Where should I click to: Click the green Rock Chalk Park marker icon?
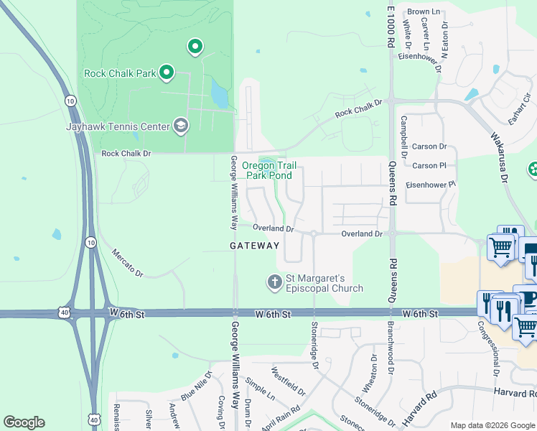click(x=167, y=72)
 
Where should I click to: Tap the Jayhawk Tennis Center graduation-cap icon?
click(x=180, y=126)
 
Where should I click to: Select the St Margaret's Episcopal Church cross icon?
click(x=274, y=282)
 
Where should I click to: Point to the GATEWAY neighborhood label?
click(x=254, y=246)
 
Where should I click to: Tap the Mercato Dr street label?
click(x=128, y=264)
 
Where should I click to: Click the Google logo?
click(x=24, y=422)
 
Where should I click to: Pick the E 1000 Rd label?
click(x=391, y=27)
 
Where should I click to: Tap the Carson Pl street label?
click(x=430, y=166)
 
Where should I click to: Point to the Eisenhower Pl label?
click(x=431, y=185)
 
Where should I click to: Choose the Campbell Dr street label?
click(x=404, y=136)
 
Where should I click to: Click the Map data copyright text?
click(x=492, y=425)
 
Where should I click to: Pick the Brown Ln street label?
click(x=424, y=12)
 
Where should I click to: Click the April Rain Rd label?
click(x=276, y=417)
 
